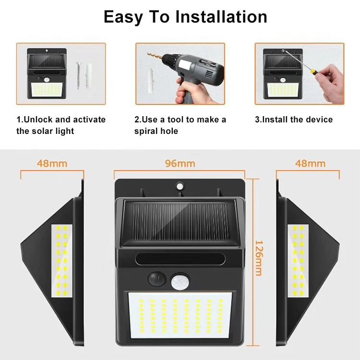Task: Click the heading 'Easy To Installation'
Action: (x=185, y=17)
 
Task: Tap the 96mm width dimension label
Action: (x=180, y=164)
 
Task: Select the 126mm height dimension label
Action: (x=258, y=258)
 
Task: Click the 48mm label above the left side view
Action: (x=52, y=164)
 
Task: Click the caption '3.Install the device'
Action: (x=293, y=120)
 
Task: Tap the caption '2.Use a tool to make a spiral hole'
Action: (x=180, y=125)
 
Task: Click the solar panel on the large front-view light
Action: (x=180, y=221)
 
